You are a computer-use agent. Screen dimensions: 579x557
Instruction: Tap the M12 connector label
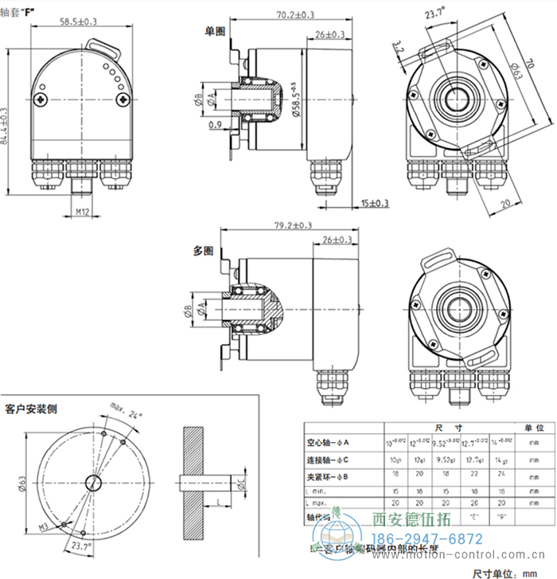coord(82,212)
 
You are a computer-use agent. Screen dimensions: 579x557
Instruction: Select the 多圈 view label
coord(204,250)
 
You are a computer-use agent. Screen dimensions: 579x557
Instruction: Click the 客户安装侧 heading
coord(31,409)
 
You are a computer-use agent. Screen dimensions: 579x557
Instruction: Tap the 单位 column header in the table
coord(524,428)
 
